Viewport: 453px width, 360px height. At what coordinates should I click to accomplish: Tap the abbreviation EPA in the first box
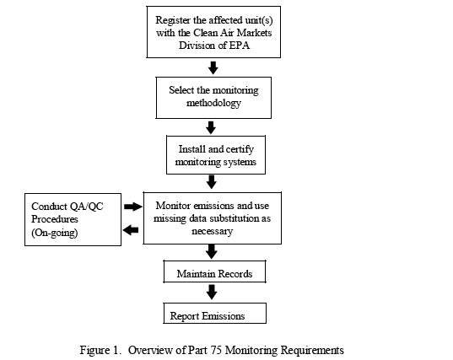[240, 46]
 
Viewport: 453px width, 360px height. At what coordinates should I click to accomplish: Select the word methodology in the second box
[213, 103]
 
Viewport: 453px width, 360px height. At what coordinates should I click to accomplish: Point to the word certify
[240, 149]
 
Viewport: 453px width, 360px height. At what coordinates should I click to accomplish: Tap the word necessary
[212, 231]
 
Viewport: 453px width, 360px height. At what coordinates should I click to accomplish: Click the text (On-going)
[55, 233]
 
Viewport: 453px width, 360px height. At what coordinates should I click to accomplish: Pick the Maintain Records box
[214, 271]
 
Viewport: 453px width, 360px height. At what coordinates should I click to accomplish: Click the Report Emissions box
[214, 314]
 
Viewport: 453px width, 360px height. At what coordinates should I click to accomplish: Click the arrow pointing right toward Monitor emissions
[133, 207]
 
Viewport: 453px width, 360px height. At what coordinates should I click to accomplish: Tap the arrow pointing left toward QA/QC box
[131, 230]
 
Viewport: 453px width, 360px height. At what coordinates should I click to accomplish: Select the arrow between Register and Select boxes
[213, 67]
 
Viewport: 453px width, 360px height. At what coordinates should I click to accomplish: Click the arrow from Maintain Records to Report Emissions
[212, 292]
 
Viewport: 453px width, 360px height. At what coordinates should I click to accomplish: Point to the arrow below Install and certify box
[212, 182]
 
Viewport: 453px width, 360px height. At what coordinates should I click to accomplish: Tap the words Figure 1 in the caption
[99, 350]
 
